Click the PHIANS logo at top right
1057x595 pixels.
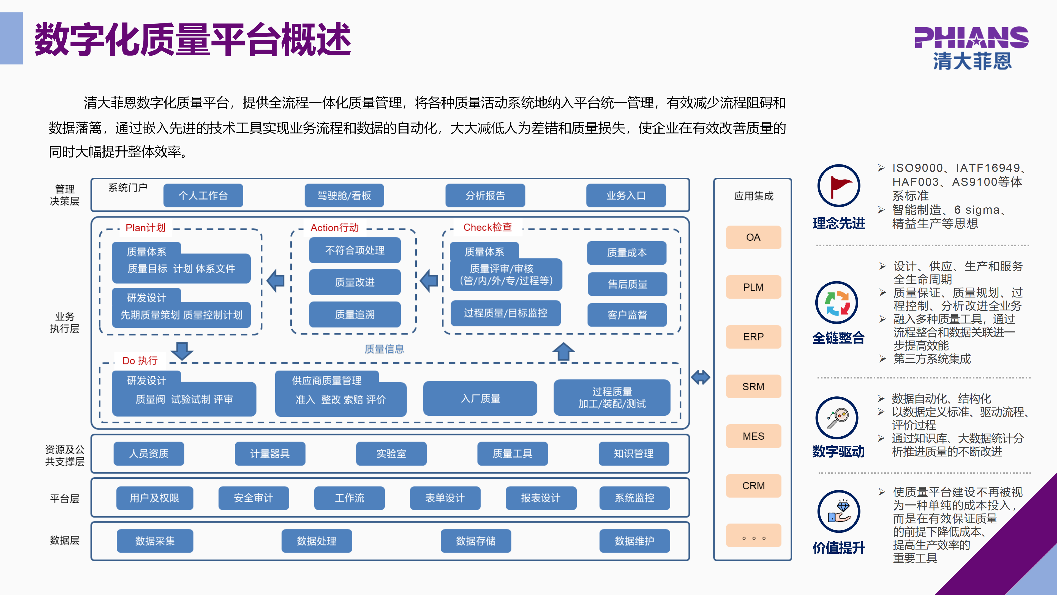point(971,47)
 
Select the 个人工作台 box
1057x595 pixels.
point(203,196)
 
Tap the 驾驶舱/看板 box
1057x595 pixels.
point(344,196)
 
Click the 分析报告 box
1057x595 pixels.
point(485,196)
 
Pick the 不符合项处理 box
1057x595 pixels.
point(355,250)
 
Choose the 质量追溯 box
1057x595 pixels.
point(355,315)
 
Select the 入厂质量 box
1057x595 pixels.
point(480,398)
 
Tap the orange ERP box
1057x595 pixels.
point(753,337)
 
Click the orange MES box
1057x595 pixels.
point(753,436)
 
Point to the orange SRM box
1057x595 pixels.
point(753,386)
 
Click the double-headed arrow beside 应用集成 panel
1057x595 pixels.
point(701,377)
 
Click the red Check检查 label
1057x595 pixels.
point(487,227)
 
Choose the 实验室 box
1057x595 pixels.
point(391,453)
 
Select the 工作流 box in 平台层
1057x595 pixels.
point(349,498)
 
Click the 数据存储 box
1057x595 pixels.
point(476,541)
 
